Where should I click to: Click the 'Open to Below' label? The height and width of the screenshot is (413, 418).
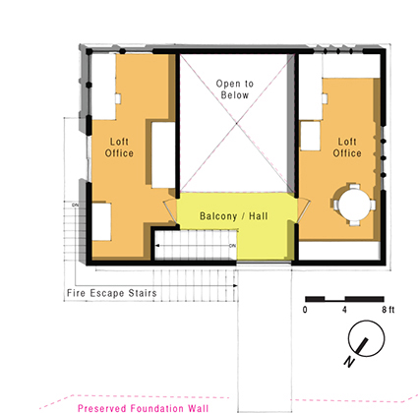pyautogui.click(x=235, y=89)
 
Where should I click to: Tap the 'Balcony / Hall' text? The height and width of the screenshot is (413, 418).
pyautogui.click(x=234, y=216)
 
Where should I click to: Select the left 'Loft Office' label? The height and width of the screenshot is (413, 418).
pyautogui.click(x=119, y=147)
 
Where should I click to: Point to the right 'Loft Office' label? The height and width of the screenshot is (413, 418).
pyautogui.click(x=347, y=147)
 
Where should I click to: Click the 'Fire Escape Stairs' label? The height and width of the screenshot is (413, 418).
pyautogui.click(x=112, y=293)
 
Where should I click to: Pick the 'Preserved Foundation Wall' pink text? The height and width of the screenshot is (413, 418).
pyautogui.click(x=143, y=408)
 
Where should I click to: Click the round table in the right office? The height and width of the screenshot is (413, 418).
pyautogui.click(x=354, y=204)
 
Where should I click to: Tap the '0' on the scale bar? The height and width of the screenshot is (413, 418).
pyautogui.click(x=305, y=310)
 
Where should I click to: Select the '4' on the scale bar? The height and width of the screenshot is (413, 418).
pyautogui.click(x=344, y=310)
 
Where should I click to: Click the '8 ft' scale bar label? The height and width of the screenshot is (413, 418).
pyautogui.click(x=388, y=310)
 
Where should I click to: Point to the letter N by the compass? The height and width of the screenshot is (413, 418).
pyautogui.click(x=349, y=362)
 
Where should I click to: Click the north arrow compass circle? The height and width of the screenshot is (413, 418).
pyautogui.click(x=366, y=338)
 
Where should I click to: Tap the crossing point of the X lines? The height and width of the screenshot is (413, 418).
pyautogui.click(x=237, y=123)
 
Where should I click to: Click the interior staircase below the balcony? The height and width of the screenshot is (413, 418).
pyautogui.click(x=196, y=245)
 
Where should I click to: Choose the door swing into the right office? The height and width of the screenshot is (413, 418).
pyautogui.click(x=303, y=210)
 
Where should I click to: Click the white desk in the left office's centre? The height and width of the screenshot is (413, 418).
pyautogui.click(x=163, y=154)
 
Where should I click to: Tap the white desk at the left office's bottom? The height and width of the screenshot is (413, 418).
pyautogui.click(x=101, y=222)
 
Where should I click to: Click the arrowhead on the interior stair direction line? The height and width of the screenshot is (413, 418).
pyautogui.click(x=157, y=246)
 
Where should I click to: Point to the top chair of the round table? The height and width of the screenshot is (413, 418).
pyautogui.click(x=354, y=187)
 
